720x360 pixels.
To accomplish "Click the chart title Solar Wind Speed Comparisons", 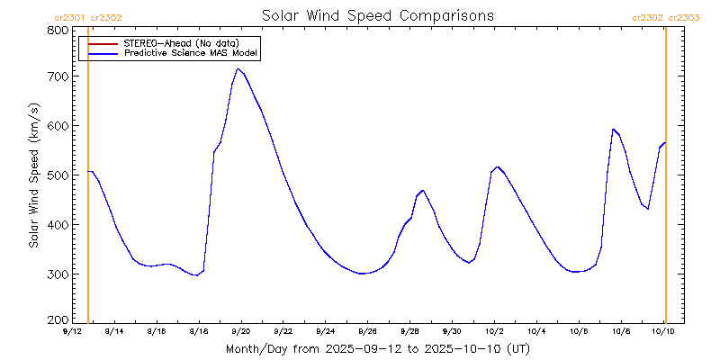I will [377, 16].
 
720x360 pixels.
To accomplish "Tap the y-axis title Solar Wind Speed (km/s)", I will [33, 175].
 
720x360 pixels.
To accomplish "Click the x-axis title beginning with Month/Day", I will [377, 347].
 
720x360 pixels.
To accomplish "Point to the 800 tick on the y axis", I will [57, 30].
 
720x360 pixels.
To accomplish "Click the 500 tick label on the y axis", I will [57, 175].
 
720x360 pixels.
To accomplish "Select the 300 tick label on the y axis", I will [57, 274].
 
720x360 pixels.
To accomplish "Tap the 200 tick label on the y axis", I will [57, 319].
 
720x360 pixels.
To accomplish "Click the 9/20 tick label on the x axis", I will [240, 331].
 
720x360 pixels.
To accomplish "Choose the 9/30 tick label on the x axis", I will [452, 331].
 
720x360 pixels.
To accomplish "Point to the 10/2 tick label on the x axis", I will [494, 331].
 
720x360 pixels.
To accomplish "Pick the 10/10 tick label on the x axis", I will [664, 331].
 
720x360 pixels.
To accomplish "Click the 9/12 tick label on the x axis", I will [71, 331].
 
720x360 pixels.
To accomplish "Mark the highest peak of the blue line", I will [238, 68].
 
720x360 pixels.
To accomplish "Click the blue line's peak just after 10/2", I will [498, 166].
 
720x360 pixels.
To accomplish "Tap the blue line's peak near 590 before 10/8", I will [612, 129].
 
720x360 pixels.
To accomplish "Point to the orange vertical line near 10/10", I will [665, 180].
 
